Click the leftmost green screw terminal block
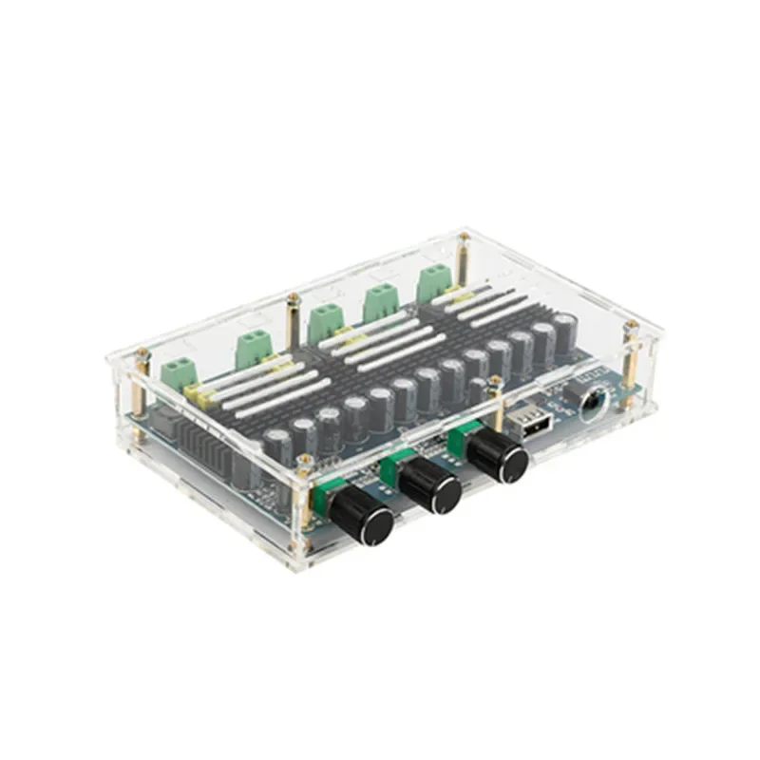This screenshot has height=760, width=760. (x=178, y=372)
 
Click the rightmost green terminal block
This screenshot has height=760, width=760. (x=433, y=280)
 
